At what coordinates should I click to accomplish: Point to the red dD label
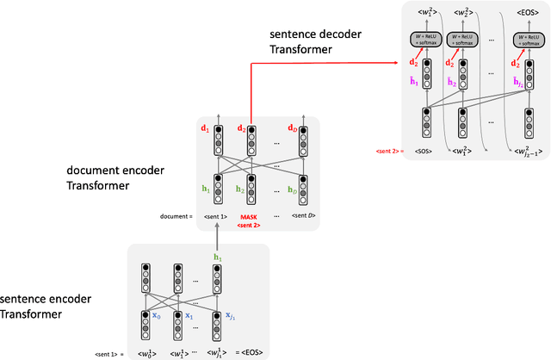pyautogui.click(x=290, y=131)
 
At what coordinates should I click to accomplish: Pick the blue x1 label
pyautogui.click(x=189, y=317)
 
